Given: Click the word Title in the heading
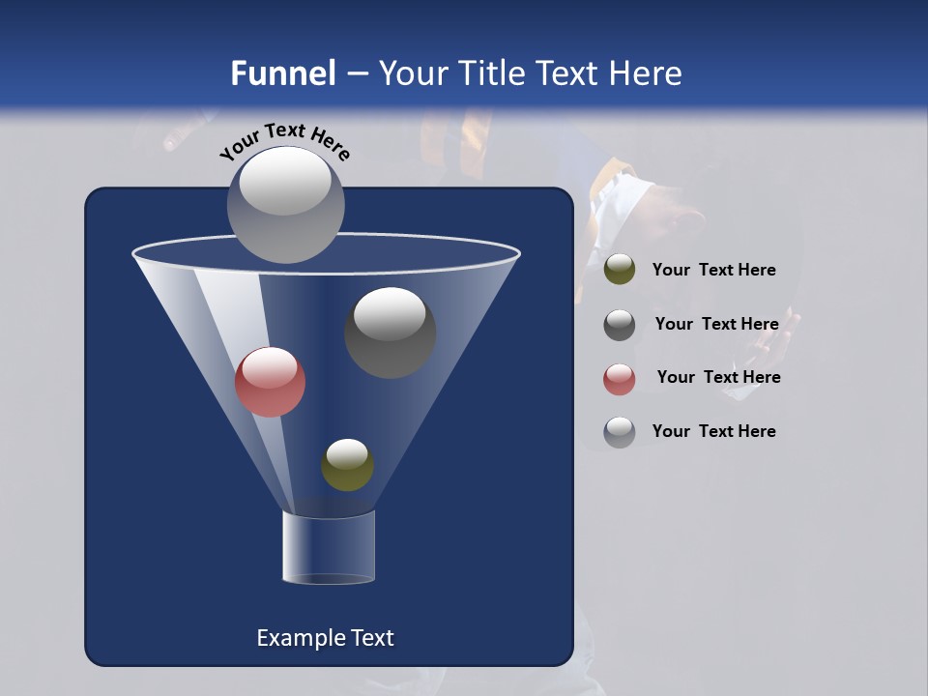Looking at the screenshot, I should point(492,73).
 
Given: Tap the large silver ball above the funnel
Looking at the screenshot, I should point(285,204).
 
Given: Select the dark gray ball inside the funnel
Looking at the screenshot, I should point(390,333).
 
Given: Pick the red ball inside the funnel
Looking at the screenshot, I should point(270,382).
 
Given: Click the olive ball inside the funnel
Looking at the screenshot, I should point(347,465).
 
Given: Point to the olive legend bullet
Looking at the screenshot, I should point(620,270).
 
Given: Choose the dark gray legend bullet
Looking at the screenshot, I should point(620,325).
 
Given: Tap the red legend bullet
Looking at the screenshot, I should point(620,379).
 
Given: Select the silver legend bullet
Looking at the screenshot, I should point(620,432).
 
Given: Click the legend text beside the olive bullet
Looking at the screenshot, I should point(713,270).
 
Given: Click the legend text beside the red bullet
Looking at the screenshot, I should point(718,377).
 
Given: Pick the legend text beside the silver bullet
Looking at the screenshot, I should point(713,431).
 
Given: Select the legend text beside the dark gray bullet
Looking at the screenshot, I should point(716,324).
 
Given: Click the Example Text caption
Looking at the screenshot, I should point(325,638).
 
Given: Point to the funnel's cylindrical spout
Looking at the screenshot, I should point(328,547).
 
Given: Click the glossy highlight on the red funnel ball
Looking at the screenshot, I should point(269,366).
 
